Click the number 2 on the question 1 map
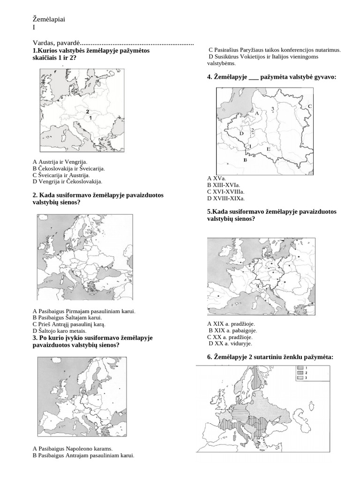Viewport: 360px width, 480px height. [88, 112]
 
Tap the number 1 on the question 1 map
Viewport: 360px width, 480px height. [90, 118]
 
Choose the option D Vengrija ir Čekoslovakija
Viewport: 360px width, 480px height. [67, 181]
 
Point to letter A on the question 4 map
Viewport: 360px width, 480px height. [257, 113]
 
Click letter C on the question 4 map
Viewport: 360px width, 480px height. [309, 106]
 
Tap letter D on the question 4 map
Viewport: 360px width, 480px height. [241, 134]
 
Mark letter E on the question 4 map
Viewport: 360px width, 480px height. [268, 149]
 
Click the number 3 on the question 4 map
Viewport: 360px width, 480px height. [272, 108]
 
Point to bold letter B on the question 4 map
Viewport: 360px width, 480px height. [245, 160]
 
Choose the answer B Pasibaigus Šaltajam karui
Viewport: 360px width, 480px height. [67, 317]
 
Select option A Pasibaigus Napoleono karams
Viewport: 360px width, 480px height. [72, 449]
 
